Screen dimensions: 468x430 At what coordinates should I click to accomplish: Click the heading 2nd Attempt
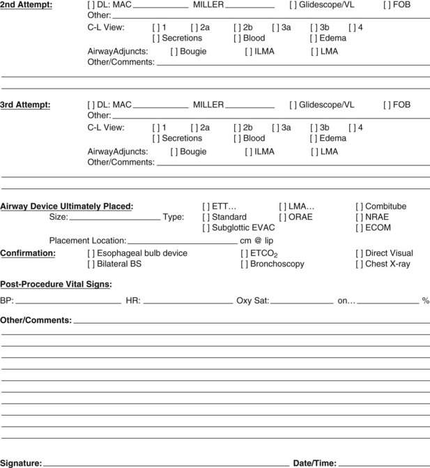pyautogui.click(x=25, y=5)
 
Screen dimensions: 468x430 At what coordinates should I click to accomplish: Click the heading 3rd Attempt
pyautogui.click(x=25, y=105)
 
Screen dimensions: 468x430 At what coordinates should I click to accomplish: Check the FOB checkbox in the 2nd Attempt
pyautogui.click(x=387, y=5)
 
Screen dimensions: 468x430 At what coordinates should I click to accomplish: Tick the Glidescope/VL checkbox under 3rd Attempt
pyautogui.click(x=293, y=105)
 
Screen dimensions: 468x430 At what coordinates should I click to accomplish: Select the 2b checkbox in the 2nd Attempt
pyautogui.click(x=238, y=27)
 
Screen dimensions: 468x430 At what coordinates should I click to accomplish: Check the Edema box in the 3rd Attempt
pyautogui.click(x=314, y=139)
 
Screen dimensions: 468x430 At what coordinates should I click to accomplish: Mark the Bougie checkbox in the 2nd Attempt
pyautogui.click(x=174, y=51)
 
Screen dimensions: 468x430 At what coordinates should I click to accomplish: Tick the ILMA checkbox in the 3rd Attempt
pyautogui.click(x=249, y=151)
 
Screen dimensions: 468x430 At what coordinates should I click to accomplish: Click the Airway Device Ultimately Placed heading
pyautogui.click(x=66, y=206)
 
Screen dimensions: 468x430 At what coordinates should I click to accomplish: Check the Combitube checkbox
pyautogui.click(x=360, y=206)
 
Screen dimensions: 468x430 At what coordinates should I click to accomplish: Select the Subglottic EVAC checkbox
pyautogui.click(x=206, y=228)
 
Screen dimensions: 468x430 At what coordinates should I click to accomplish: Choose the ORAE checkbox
pyautogui.click(x=283, y=217)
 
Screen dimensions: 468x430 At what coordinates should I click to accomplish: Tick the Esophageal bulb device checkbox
pyautogui.click(x=91, y=253)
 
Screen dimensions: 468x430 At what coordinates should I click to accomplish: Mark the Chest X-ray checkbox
pyautogui.click(x=360, y=264)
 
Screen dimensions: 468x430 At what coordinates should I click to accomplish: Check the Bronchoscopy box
pyautogui.click(x=245, y=264)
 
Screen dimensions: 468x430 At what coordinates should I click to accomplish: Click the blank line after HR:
pyautogui.click(x=188, y=302)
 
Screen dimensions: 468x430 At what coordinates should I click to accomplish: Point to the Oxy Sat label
pyautogui.click(x=252, y=301)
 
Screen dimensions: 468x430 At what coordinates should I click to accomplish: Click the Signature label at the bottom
pyautogui.click(x=21, y=463)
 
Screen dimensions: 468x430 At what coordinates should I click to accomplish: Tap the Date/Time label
pyautogui.click(x=315, y=463)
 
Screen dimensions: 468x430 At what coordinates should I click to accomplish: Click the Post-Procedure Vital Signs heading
pyautogui.click(x=56, y=284)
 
